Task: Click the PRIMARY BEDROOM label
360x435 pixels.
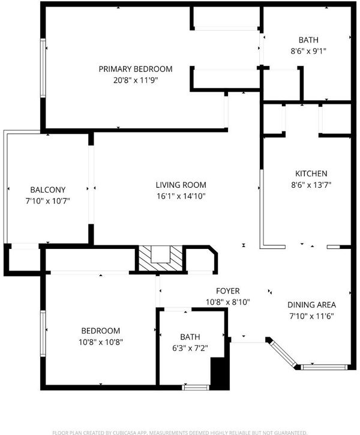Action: point(136,69)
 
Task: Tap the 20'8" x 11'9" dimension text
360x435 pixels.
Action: point(136,80)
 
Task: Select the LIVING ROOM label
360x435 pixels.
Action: point(181,185)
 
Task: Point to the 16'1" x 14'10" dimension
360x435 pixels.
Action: point(181,196)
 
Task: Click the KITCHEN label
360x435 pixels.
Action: point(311,173)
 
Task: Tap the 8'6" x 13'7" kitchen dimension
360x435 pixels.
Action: point(311,185)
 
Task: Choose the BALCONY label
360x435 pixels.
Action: point(48,190)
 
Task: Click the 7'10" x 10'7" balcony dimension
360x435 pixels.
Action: point(48,201)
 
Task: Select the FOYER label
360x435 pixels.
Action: point(228,291)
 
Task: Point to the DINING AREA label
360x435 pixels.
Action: point(311,305)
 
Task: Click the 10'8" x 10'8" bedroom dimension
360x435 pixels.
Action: point(101,342)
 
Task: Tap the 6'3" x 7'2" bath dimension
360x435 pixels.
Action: point(190,348)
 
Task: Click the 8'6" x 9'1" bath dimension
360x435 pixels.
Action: point(308,51)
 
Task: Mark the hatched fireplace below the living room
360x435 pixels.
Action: point(161,258)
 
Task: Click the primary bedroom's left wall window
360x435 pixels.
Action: point(43,68)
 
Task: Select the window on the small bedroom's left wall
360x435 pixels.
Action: point(43,334)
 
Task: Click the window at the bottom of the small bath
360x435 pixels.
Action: point(196,387)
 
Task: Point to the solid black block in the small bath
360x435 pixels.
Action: point(220,373)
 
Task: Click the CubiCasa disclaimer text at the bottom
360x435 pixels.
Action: point(180,433)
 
